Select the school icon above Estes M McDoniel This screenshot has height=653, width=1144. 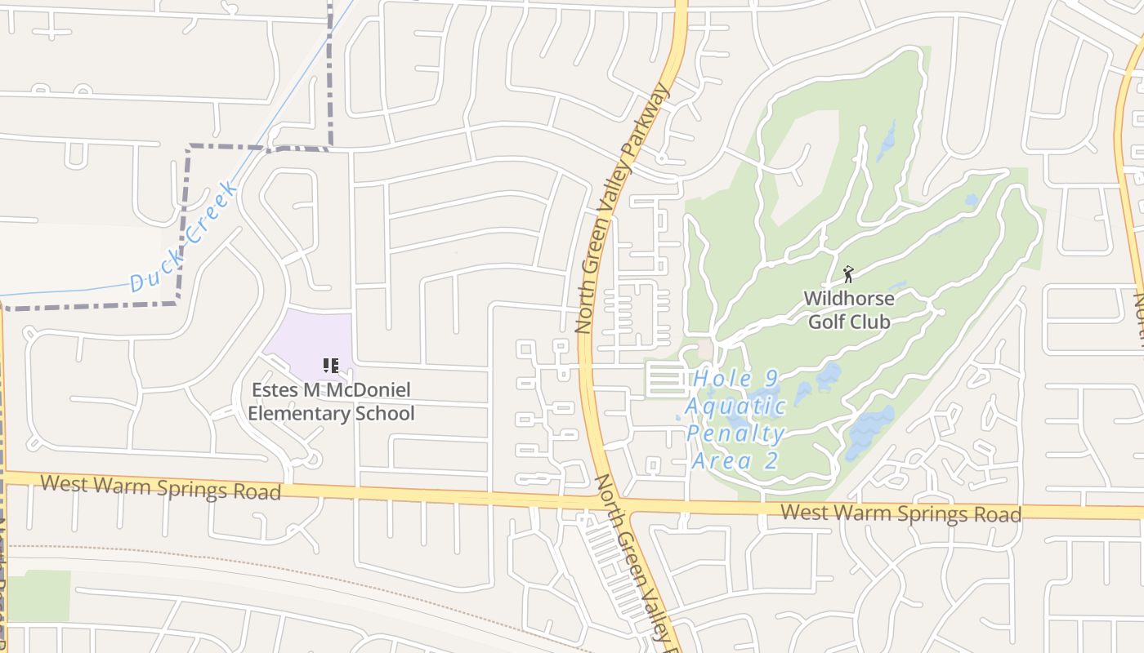pos(330,365)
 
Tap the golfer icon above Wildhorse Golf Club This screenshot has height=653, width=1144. pos(848,273)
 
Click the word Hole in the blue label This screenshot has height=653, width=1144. pos(722,380)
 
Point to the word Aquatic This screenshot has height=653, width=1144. pos(735,406)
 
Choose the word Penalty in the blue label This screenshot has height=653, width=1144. pos(735,433)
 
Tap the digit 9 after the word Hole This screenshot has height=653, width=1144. pos(771,380)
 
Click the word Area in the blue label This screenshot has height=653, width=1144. pos(722,461)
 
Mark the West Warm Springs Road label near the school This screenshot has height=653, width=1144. pos(161,487)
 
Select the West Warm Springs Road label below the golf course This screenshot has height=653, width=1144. pos(900,513)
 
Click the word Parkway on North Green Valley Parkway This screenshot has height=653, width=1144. pos(648,125)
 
